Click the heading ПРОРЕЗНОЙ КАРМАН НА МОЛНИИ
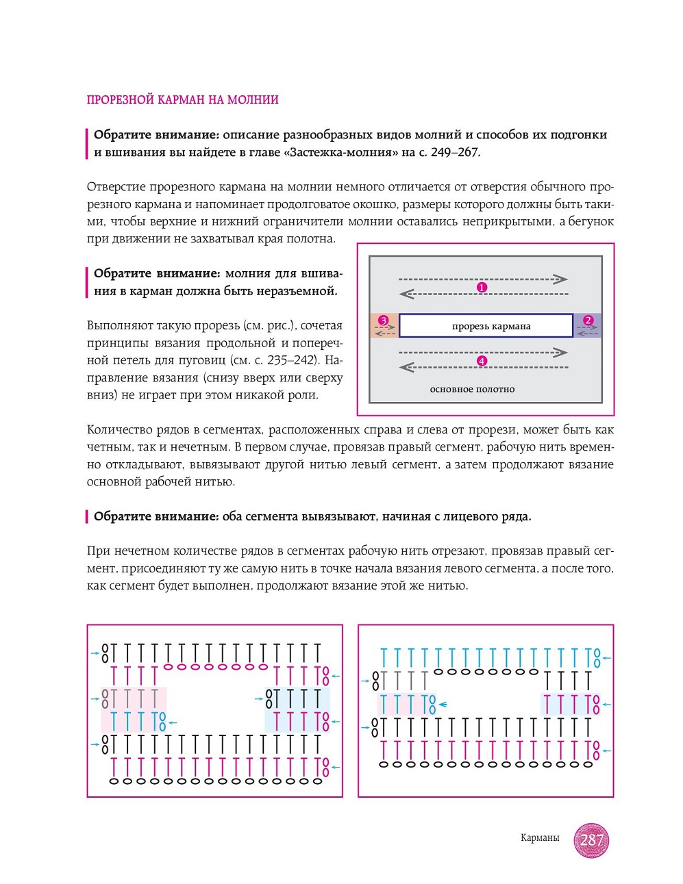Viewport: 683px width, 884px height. [x=182, y=100]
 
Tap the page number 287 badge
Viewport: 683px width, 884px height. [x=591, y=839]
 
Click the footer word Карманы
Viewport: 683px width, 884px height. [x=540, y=838]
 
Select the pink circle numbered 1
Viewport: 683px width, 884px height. [x=482, y=288]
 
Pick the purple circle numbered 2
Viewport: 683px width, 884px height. [x=588, y=320]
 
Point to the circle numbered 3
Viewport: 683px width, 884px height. [x=384, y=320]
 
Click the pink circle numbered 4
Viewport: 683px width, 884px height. [x=482, y=361]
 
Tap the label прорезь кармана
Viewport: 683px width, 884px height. [x=491, y=327]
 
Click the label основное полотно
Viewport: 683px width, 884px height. [x=472, y=389]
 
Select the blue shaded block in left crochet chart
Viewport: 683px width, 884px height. [x=297, y=709]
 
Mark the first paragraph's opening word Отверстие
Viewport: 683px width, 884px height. [x=114, y=187]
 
